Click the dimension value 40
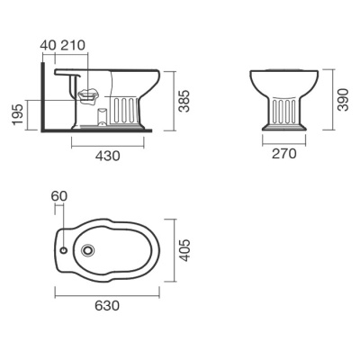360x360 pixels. (x=48, y=45)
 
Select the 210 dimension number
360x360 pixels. (x=73, y=45)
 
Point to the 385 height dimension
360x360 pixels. (x=184, y=101)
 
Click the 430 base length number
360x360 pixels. (x=108, y=156)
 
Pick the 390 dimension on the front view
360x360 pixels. (x=343, y=100)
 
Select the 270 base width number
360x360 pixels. (x=283, y=154)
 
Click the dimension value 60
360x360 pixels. (x=59, y=196)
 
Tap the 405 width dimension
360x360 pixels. (x=184, y=250)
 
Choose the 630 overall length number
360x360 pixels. (x=107, y=305)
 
